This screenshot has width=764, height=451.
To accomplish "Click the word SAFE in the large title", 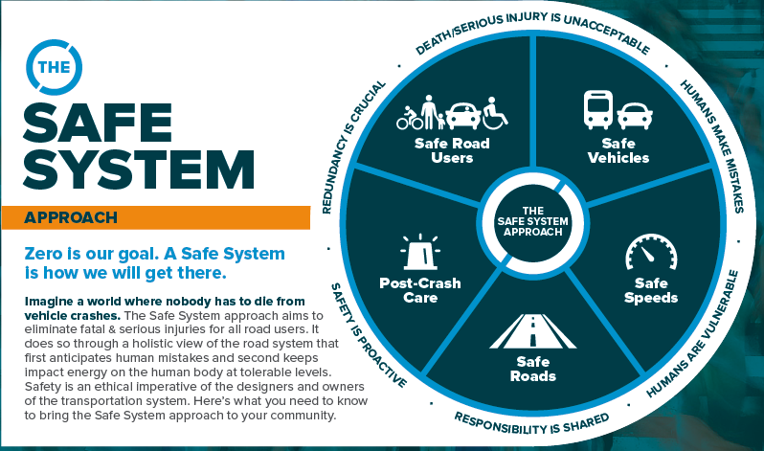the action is coord(98,122).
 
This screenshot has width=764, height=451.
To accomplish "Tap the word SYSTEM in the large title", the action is coord(139,169).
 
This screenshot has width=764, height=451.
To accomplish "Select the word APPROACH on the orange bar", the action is coord(71,217).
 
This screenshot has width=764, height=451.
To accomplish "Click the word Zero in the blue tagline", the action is coord(43,254).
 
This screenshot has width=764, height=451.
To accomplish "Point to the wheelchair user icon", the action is coord(495,113).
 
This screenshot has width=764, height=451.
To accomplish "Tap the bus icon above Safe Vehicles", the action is coord(598,110).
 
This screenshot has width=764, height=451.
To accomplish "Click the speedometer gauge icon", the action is coord(651,252).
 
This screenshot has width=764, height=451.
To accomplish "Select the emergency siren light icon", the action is coord(420,252).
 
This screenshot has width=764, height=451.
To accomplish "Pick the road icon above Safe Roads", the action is coord(533,331).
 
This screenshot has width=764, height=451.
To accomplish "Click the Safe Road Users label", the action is coord(452,150).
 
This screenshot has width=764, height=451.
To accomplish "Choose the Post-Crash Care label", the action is coord(420,290).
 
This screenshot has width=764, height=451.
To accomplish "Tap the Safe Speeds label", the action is coord(651,290).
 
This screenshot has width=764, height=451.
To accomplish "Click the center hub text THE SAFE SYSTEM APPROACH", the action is coord(532,221).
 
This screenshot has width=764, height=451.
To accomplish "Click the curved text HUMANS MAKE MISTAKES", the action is coord(716,144).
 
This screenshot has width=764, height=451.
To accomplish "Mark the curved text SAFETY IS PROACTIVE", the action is coord(367,336).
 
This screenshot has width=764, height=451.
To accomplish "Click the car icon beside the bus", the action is coord(635,116).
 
